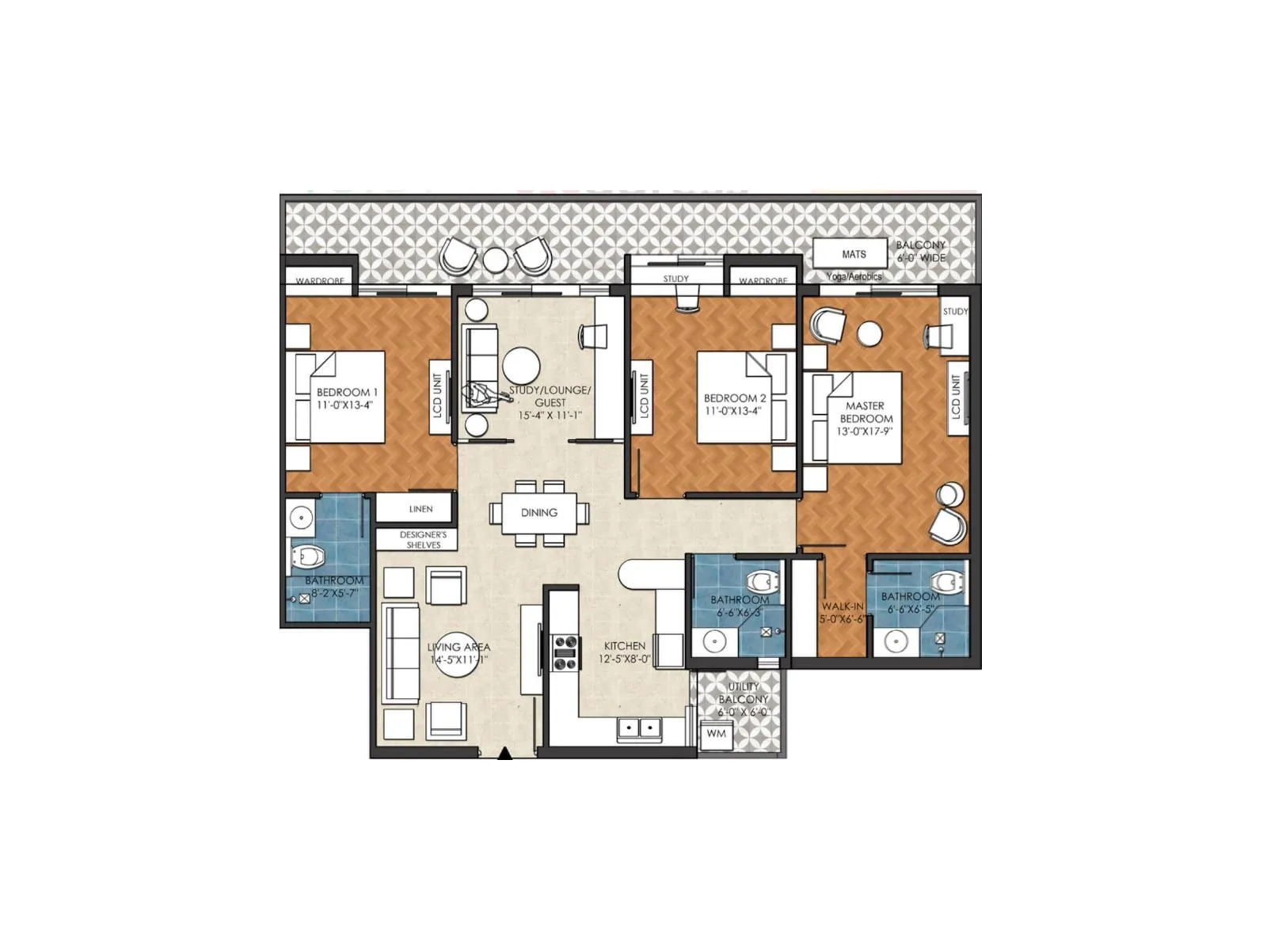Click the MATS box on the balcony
tap(853, 254)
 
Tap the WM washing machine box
tap(716, 734)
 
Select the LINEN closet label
tap(420, 509)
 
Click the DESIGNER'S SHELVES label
tap(423, 540)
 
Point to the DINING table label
tap(539, 513)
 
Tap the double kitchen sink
tap(639, 728)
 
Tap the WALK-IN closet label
tap(842, 606)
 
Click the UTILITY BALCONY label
tap(743, 693)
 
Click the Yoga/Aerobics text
tap(853, 277)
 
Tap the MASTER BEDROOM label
tap(865, 412)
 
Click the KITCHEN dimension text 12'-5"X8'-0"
tap(624, 659)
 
